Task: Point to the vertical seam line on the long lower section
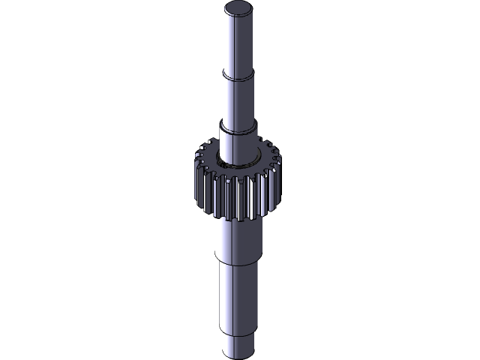coord(232,296)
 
